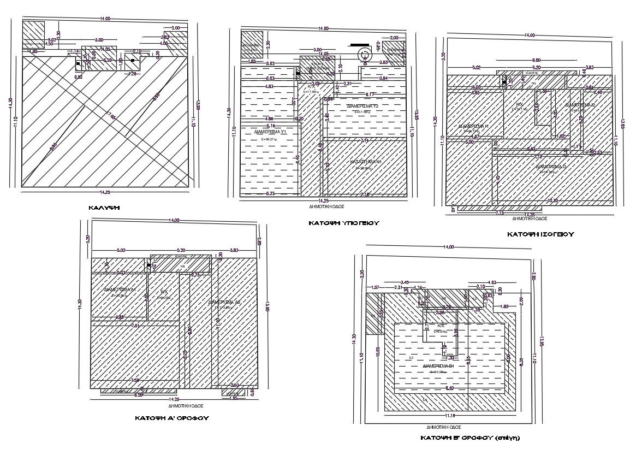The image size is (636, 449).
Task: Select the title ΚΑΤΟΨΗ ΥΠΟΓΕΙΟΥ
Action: [343, 223]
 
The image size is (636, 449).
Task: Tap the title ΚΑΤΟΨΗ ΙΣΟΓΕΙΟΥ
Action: [540, 234]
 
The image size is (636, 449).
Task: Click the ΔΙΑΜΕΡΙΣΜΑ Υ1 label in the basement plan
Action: [271, 132]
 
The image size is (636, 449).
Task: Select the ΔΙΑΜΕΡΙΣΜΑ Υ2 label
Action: [363, 105]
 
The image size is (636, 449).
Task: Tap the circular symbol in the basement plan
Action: [363, 54]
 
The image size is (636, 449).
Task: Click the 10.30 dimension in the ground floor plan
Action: [552, 201]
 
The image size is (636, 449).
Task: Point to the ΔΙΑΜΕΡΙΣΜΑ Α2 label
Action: [224, 302]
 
